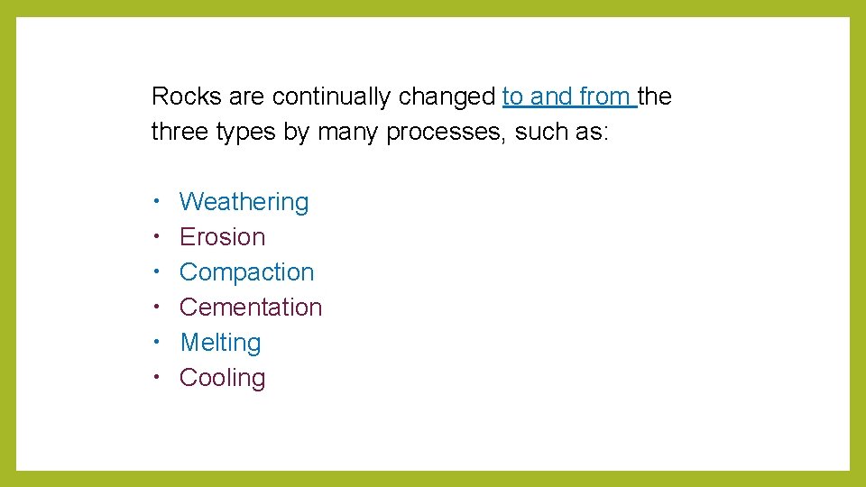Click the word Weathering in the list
click(244, 202)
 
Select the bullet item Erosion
click(222, 237)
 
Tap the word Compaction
click(246, 272)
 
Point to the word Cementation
click(251, 308)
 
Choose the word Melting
click(220, 343)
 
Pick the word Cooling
click(222, 378)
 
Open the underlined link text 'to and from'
click(568, 96)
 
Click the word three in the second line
click(180, 133)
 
